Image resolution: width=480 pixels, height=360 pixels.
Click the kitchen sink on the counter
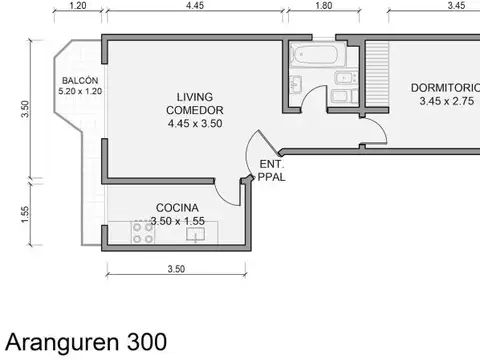click(x=196, y=233)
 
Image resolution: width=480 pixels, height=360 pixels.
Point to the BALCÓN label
click(x=78, y=80)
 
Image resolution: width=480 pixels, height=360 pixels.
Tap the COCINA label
click(x=176, y=207)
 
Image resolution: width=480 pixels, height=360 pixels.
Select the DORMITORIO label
click(x=444, y=87)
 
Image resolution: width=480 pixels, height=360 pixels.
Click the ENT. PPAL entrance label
click(x=271, y=170)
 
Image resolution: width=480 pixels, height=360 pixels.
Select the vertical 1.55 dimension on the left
click(x=24, y=214)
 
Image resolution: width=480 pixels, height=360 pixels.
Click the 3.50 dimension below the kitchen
click(x=176, y=269)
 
